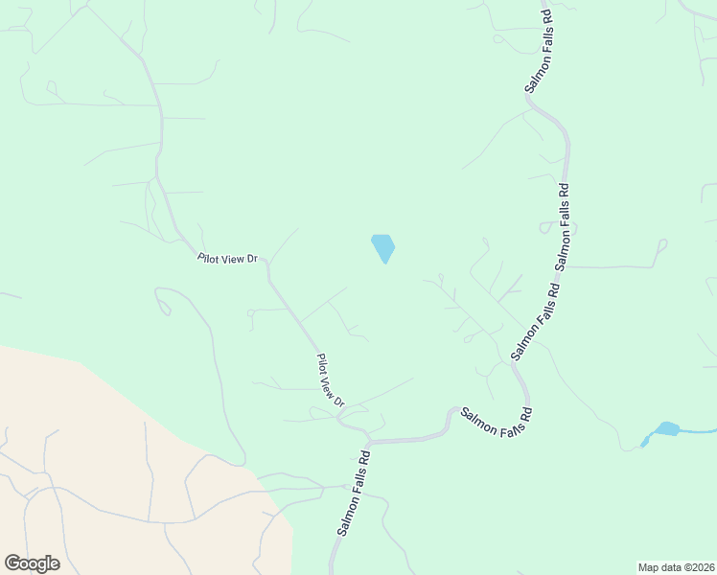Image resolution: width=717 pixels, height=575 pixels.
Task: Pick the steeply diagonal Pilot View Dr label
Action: coord(331,380)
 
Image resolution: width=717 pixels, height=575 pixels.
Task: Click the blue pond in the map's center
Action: coord(383,248)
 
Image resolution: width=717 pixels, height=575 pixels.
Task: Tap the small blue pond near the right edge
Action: coord(666,428)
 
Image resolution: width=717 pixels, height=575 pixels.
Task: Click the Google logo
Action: coord(32,563)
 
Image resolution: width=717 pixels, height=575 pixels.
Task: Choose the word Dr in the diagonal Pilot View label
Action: coord(339,401)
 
